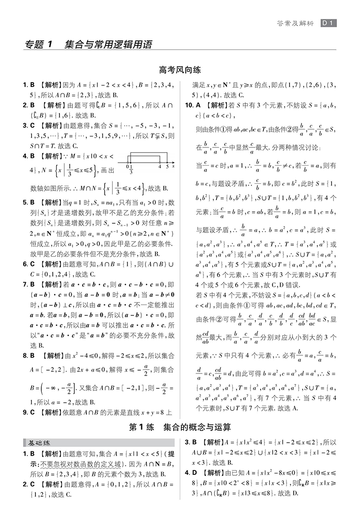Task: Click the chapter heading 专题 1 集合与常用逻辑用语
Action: [89, 45]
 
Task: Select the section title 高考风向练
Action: [180, 70]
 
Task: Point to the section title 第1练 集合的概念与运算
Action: [180, 426]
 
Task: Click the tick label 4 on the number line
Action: [160, 166]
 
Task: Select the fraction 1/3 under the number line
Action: [131, 169]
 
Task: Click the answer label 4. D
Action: [191, 472]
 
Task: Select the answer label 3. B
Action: [191, 442]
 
